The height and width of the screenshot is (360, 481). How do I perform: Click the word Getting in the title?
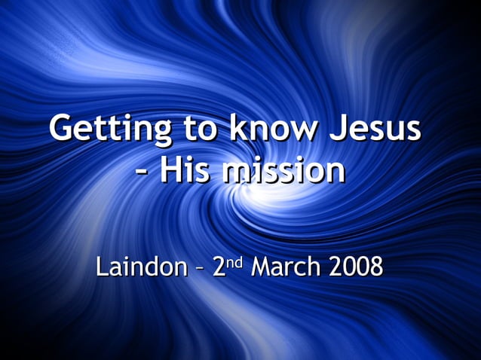click(x=101, y=130)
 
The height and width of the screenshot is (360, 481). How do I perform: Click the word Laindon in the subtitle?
click(x=139, y=267)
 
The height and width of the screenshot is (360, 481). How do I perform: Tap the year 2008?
click(x=355, y=267)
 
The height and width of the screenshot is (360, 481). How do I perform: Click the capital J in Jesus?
click(x=332, y=130)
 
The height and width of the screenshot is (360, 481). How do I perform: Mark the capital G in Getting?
click(x=63, y=130)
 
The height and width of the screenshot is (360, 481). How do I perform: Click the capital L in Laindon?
click(x=101, y=267)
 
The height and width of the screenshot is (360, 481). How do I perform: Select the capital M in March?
click(x=261, y=267)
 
